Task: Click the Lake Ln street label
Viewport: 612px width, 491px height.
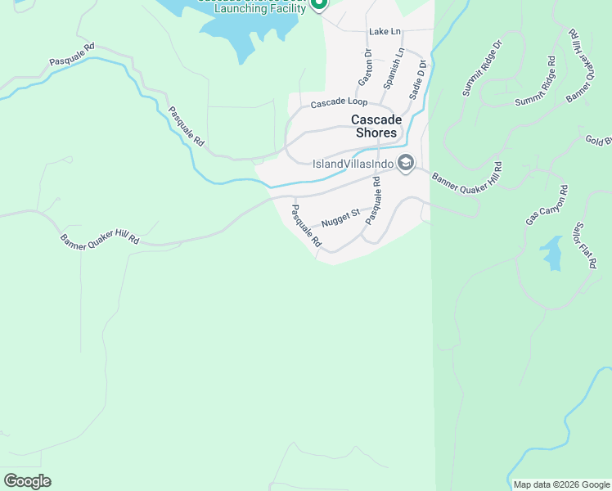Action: coord(385,31)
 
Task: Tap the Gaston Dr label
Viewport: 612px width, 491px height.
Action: coord(365,68)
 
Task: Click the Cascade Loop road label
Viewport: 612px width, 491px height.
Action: coord(339,104)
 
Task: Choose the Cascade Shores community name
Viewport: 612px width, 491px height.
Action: coord(375,126)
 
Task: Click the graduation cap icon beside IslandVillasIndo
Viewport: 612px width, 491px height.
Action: coord(405,164)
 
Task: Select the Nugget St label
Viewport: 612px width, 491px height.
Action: coord(340,218)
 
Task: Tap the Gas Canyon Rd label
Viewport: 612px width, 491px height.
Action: coord(547,205)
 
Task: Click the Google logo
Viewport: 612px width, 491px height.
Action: coord(28,481)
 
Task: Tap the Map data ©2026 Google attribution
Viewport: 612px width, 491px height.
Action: coord(560,484)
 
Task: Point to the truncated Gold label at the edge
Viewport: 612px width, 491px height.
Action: coord(598,141)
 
